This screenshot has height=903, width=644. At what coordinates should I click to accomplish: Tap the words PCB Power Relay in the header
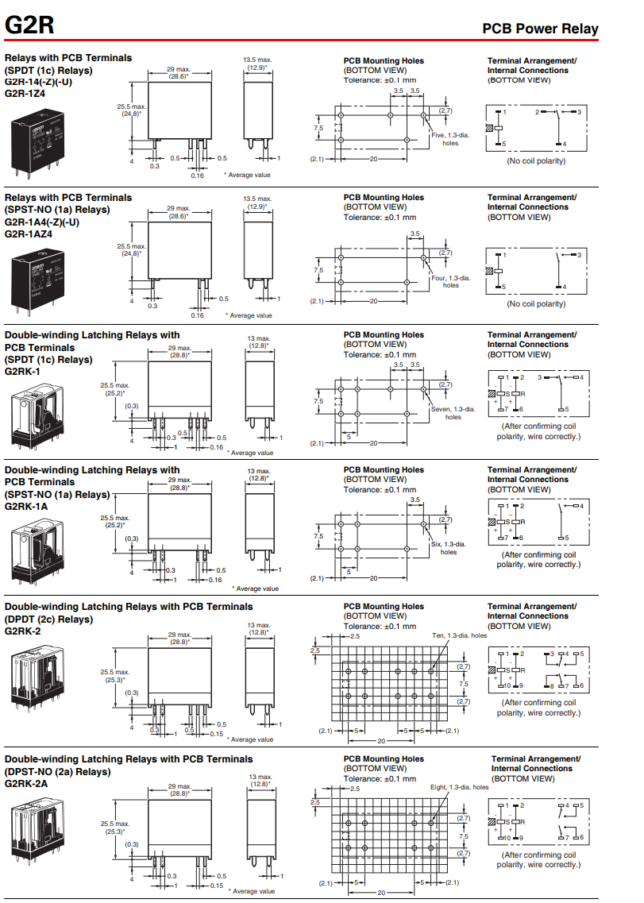540,29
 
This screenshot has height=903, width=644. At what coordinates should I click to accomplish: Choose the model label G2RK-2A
26,783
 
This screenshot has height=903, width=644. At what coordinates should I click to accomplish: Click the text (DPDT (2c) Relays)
49,619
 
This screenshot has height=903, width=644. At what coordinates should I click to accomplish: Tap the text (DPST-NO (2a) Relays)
58,771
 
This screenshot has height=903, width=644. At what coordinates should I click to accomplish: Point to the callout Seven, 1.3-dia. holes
453,413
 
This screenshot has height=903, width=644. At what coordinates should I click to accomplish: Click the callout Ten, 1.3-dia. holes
460,635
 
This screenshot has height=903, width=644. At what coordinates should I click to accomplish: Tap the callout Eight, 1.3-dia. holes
460,787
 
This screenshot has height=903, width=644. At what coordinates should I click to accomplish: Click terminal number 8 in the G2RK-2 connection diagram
548,685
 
